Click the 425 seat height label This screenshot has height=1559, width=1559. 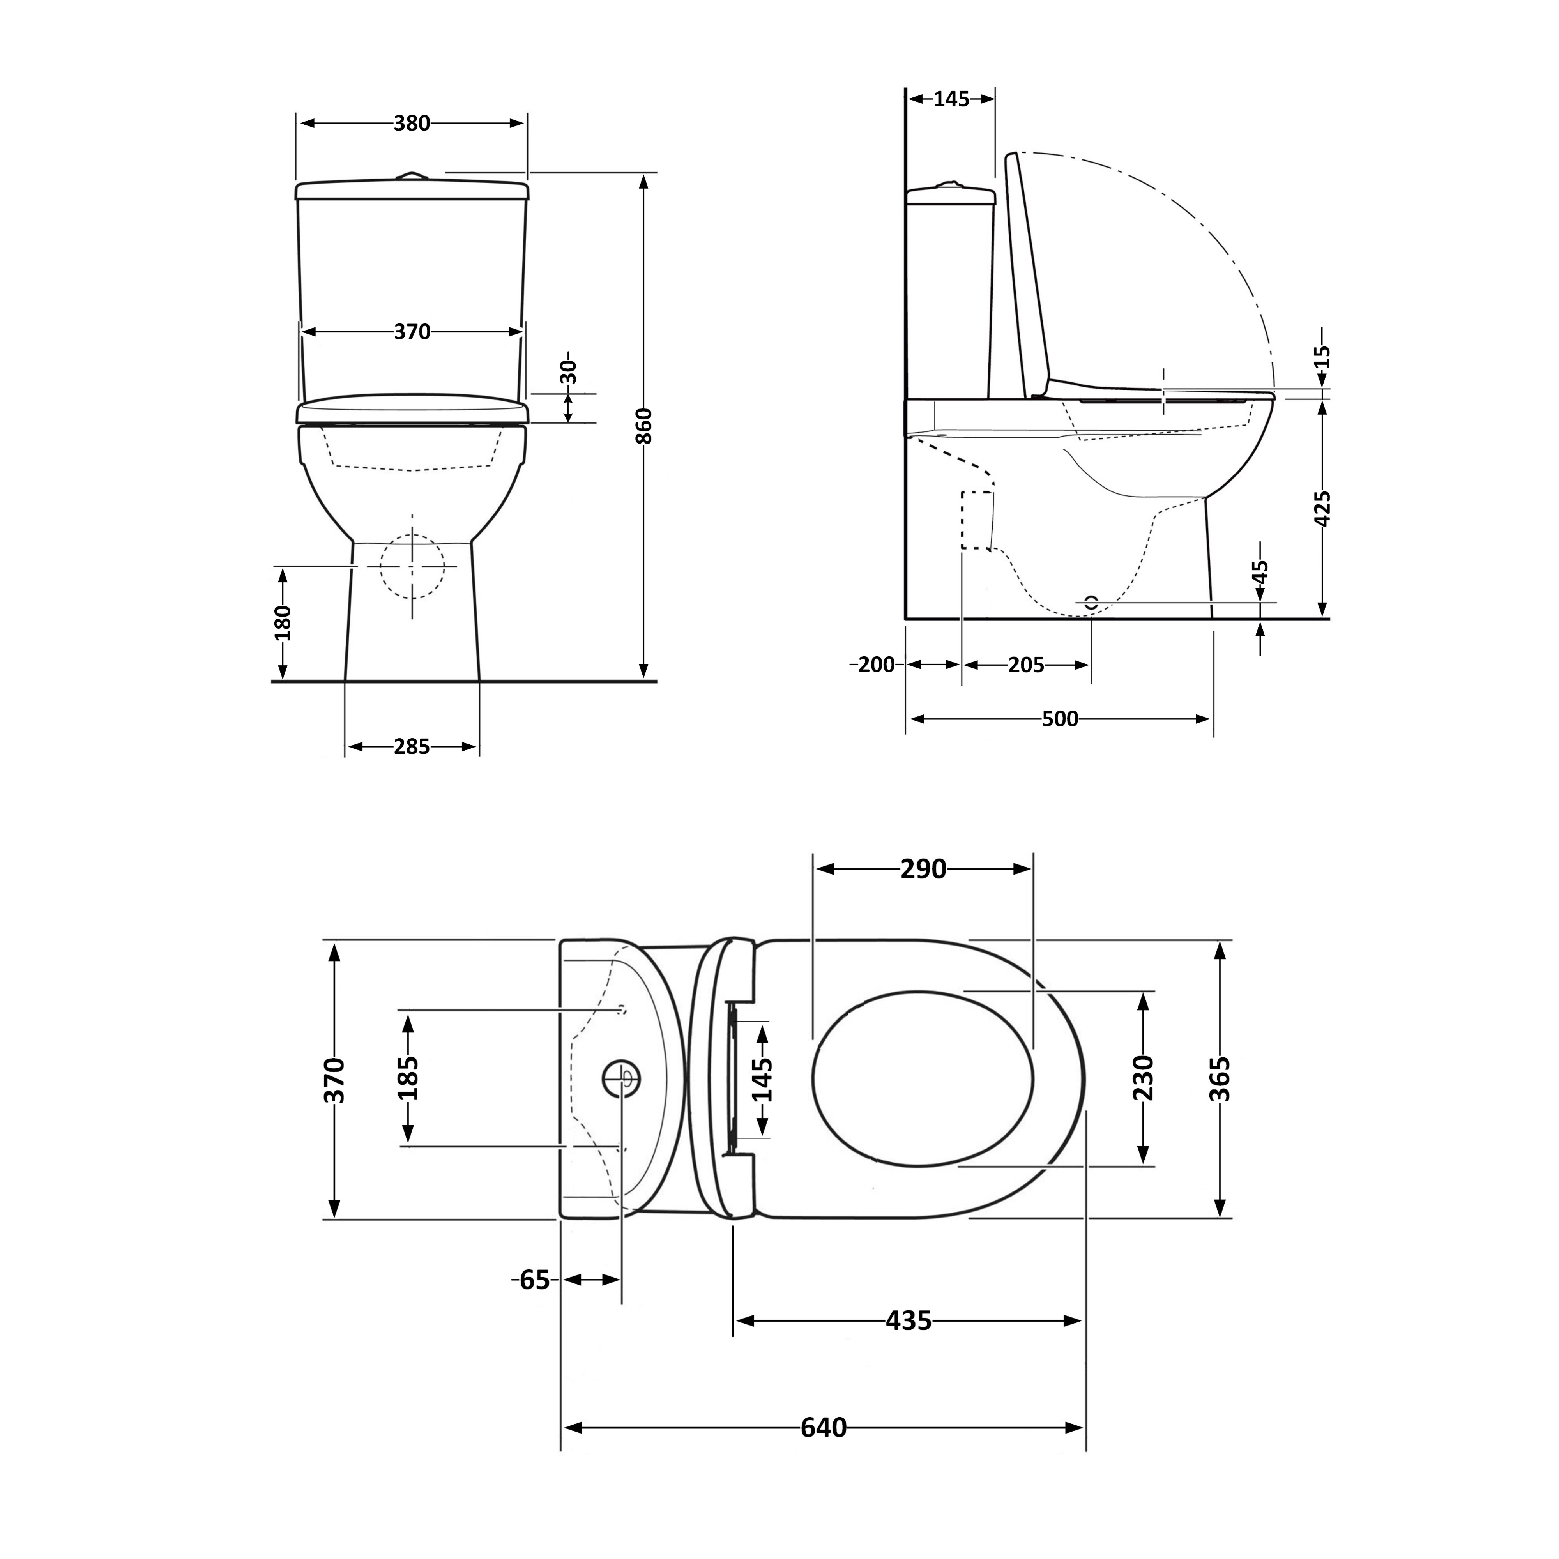coord(1322,508)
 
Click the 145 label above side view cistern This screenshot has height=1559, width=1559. coord(951,99)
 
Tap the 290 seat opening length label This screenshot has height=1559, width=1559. coord(923,869)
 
